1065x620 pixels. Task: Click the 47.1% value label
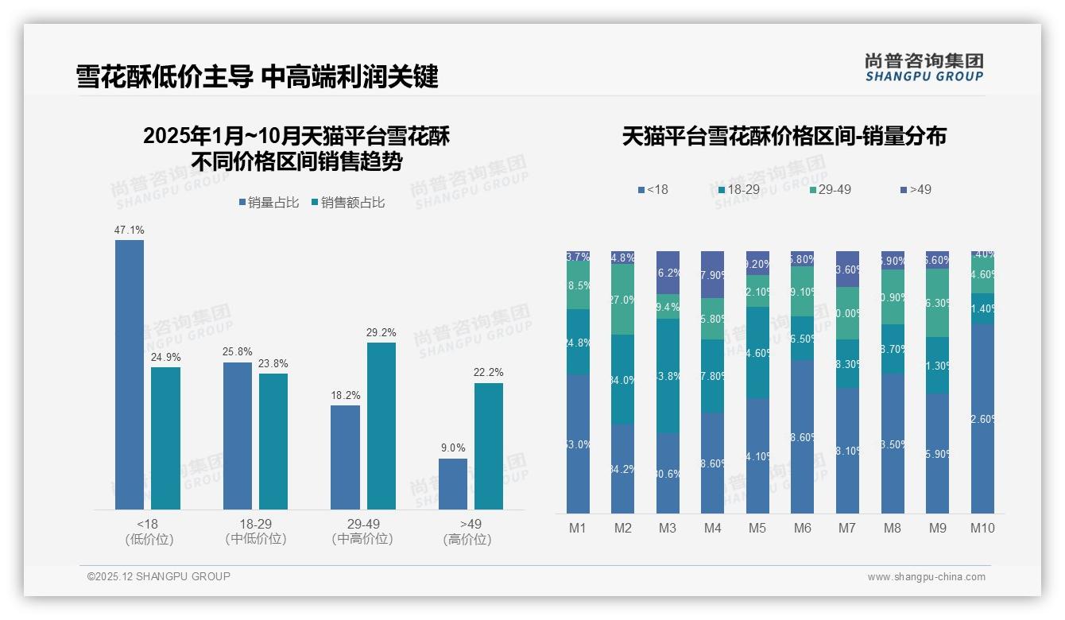point(129,231)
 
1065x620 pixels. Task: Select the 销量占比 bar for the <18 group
point(130,374)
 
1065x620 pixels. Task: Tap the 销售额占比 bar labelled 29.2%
point(381,425)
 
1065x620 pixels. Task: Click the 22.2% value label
point(487,373)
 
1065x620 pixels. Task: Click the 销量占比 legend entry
point(269,203)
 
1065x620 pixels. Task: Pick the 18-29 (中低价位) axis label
point(255,531)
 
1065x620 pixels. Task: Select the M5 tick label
point(757,528)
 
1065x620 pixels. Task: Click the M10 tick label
point(982,528)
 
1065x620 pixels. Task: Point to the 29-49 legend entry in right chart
point(830,190)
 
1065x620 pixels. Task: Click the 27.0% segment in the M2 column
point(622,299)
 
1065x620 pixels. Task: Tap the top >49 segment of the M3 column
point(668,273)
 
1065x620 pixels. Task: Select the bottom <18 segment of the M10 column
point(982,418)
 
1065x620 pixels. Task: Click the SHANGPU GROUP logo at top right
point(924,68)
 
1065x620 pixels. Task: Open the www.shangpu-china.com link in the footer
point(926,577)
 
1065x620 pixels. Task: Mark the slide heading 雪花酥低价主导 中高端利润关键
point(257,77)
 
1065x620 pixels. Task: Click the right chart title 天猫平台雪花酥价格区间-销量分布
point(784,136)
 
